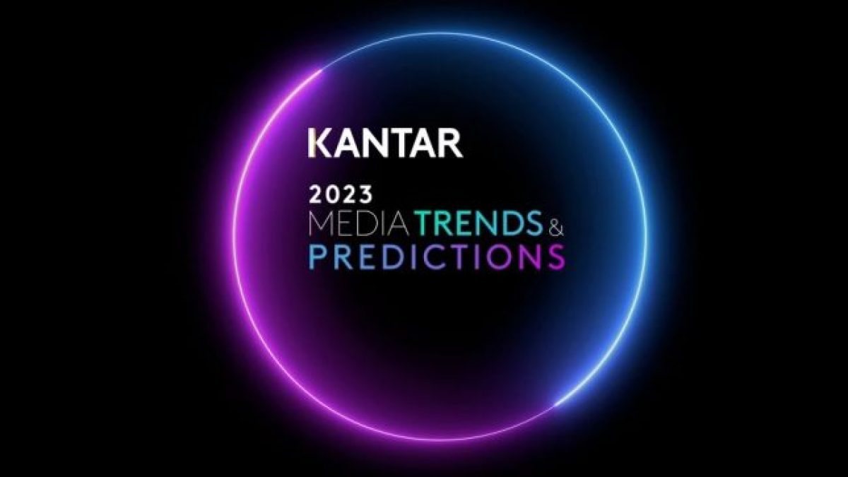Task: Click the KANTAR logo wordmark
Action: pos(385,144)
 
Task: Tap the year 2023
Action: pos(341,195)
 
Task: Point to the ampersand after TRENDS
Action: pos(555,226)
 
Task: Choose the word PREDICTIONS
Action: pos(437,257)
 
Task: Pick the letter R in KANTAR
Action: pos(452,144)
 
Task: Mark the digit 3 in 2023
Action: pos(365,195)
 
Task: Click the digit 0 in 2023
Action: pos(333,195)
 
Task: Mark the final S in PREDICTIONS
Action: pos(558,257)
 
